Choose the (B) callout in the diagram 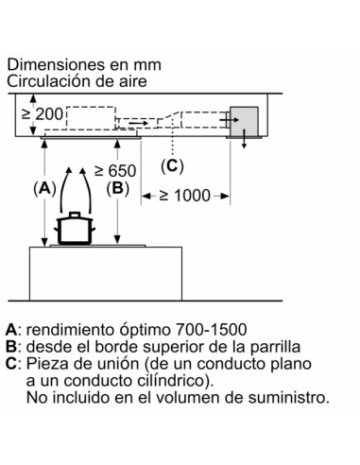pyautogui.click(x=117, y=188)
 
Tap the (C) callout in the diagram pyautogui.click(x=171, y=166)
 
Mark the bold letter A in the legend pyautogui.click(x=11, y=331)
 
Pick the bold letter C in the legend pyautogui.click(x=11, y=364)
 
